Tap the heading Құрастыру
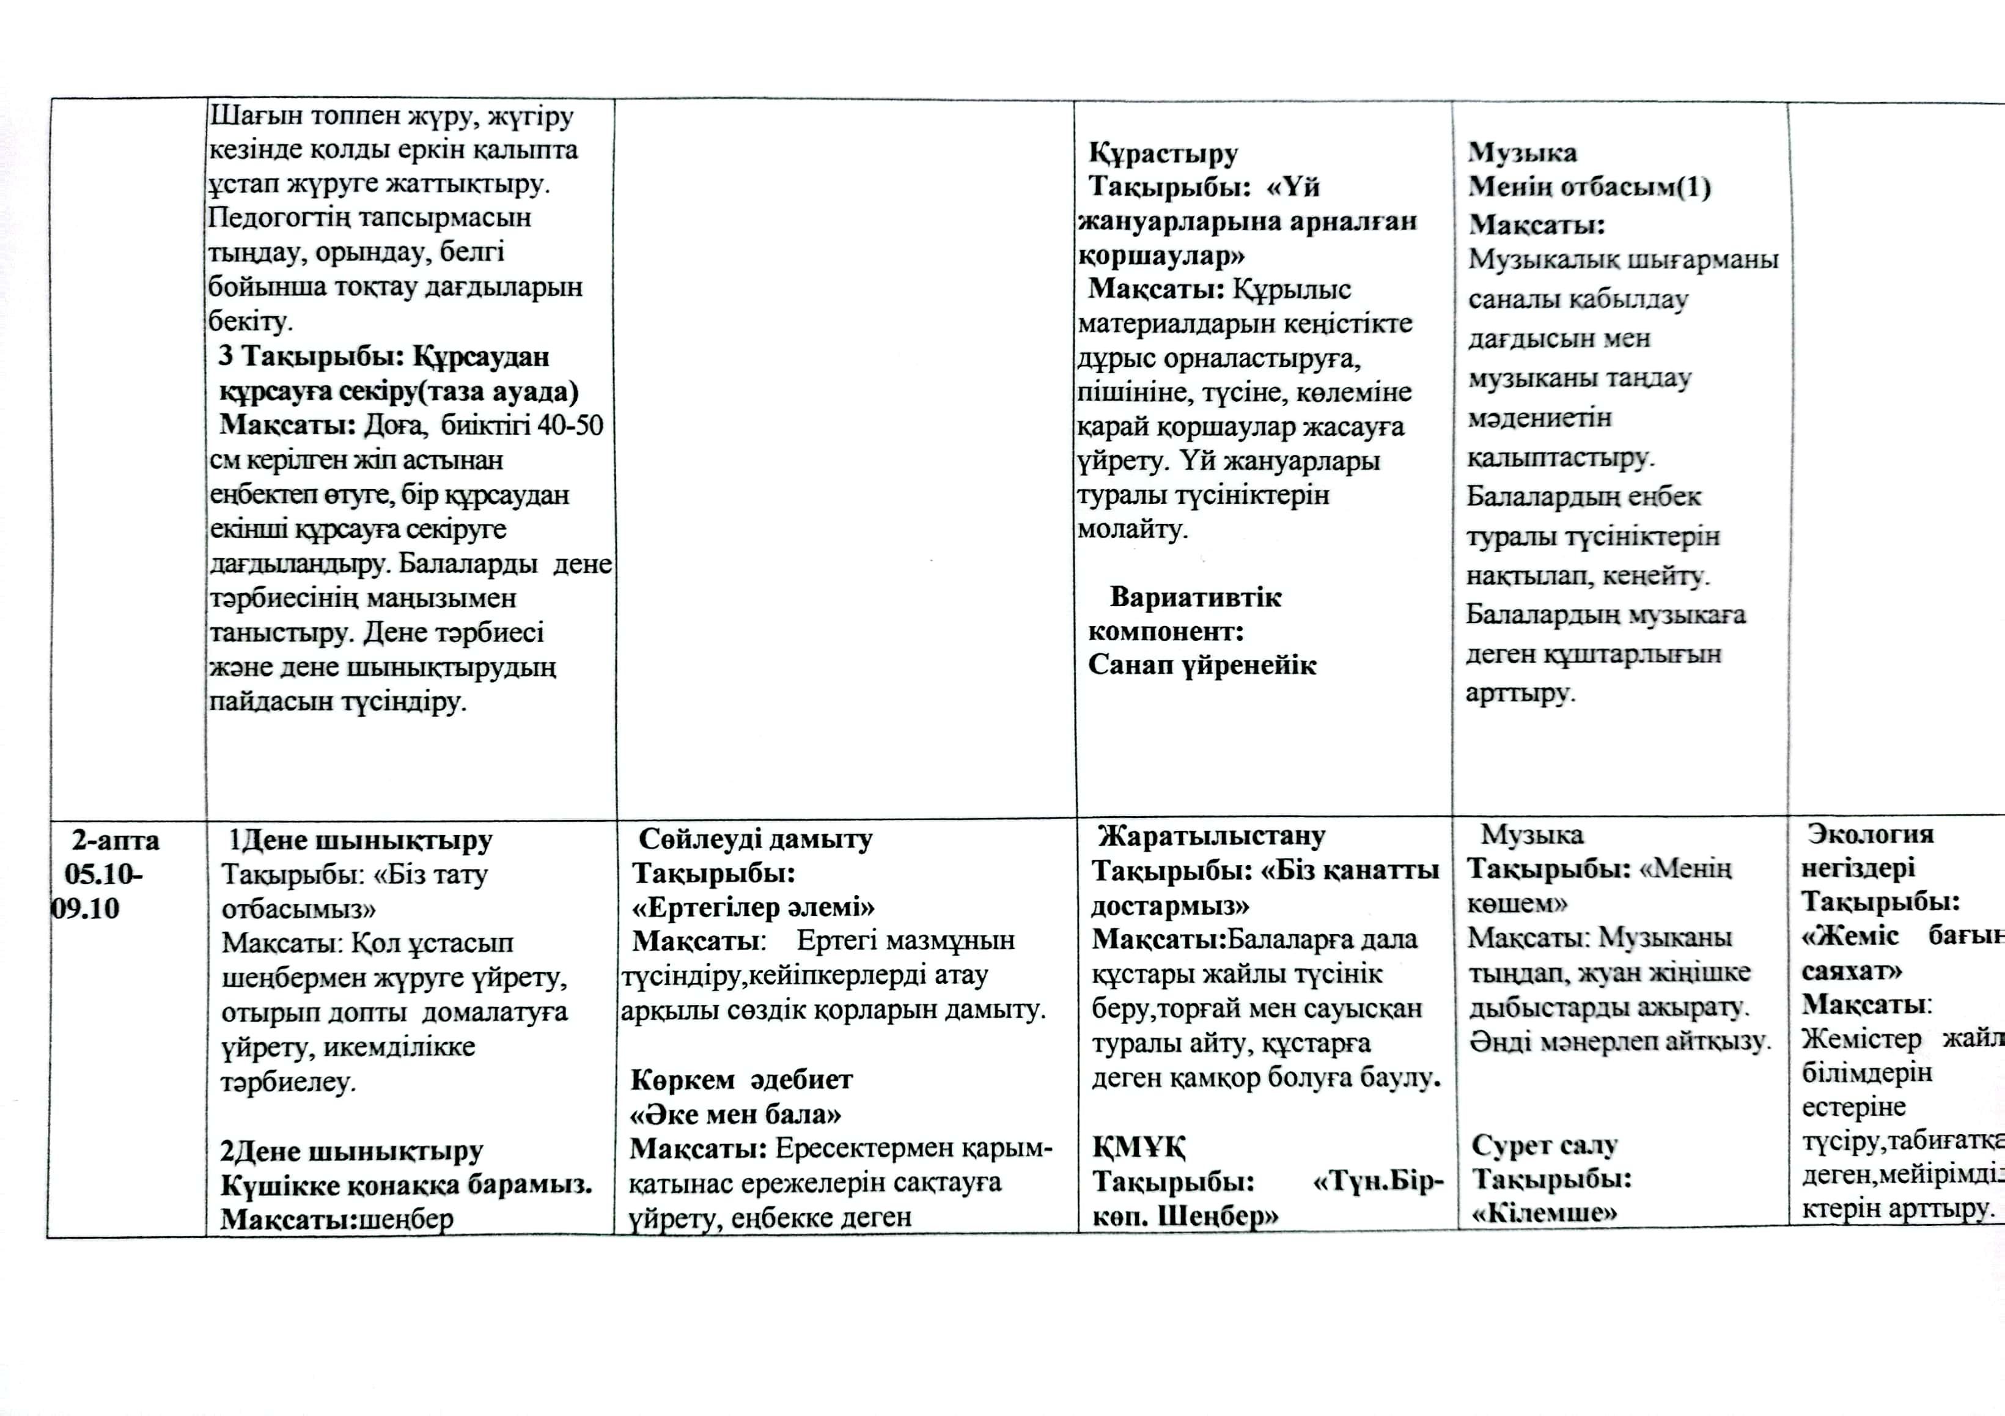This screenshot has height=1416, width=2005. pos(1162,153)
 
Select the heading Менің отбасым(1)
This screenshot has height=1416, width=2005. pos(1589,188)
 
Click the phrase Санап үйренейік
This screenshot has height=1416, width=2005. pos(1202,666)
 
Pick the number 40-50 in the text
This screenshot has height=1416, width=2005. pos(569,426)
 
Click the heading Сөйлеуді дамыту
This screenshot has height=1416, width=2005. pos(756,839)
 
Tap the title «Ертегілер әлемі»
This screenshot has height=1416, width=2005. pos(752,907)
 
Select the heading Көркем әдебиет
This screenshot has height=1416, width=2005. pos(741,1080)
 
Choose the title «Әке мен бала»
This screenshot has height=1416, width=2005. pos(735,1115)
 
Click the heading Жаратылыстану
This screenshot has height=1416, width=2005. pos(1211,836)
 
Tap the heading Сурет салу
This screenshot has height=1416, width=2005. pos(1545,1145)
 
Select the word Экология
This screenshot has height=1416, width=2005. pos(1871,834)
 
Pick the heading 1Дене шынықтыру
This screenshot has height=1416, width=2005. pos(360,840)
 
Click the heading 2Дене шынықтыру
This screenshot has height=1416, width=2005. pos(351,1151)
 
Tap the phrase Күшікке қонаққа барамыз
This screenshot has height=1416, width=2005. pos(406,1186)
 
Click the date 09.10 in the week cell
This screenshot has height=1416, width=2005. pos(86,909)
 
